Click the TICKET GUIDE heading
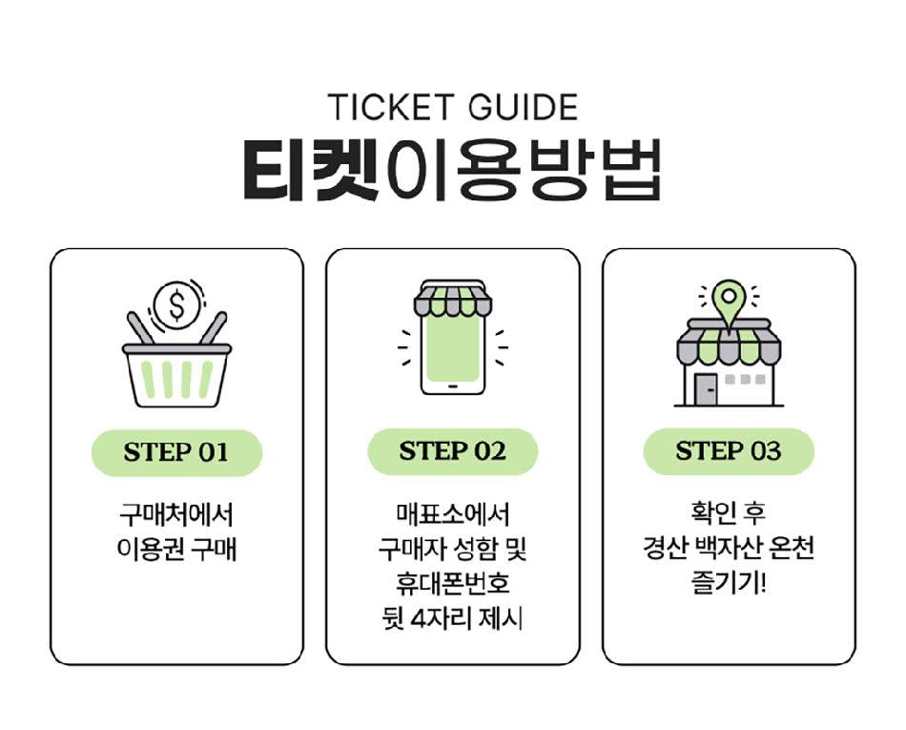pos(452,107)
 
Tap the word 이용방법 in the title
pos(520,171)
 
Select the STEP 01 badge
pos(176,452)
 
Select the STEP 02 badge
pos(452,451)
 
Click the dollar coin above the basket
pos(175,304)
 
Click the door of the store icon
pos(706,388)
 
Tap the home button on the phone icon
pos(452,387)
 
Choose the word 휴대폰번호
pos(452,585)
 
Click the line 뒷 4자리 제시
pos(452,620)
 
